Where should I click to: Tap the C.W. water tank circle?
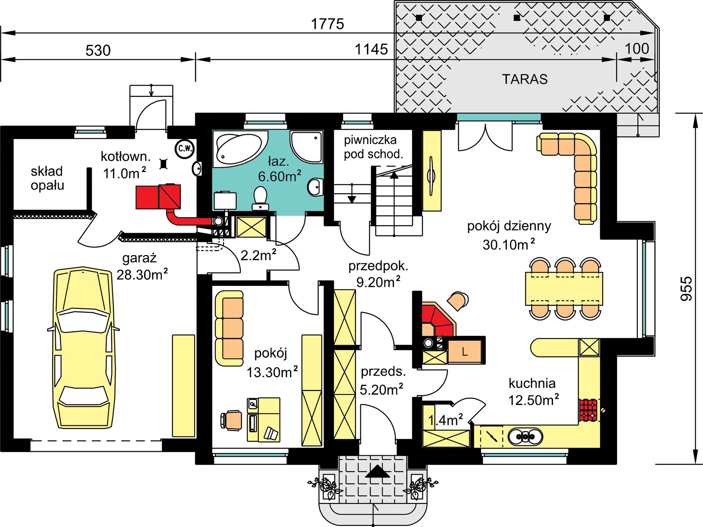185,148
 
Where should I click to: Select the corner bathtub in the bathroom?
240,148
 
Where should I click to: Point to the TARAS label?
525,79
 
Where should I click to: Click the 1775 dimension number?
327,24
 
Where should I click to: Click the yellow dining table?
564,288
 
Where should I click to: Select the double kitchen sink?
525,436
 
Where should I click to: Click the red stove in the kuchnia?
588,410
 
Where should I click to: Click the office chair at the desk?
231,419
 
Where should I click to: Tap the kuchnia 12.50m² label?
533,392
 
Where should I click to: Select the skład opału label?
47,178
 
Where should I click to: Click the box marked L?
465,351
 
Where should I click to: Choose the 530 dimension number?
98,51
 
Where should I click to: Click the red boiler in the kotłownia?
158,197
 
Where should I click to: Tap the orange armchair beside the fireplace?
457,301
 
